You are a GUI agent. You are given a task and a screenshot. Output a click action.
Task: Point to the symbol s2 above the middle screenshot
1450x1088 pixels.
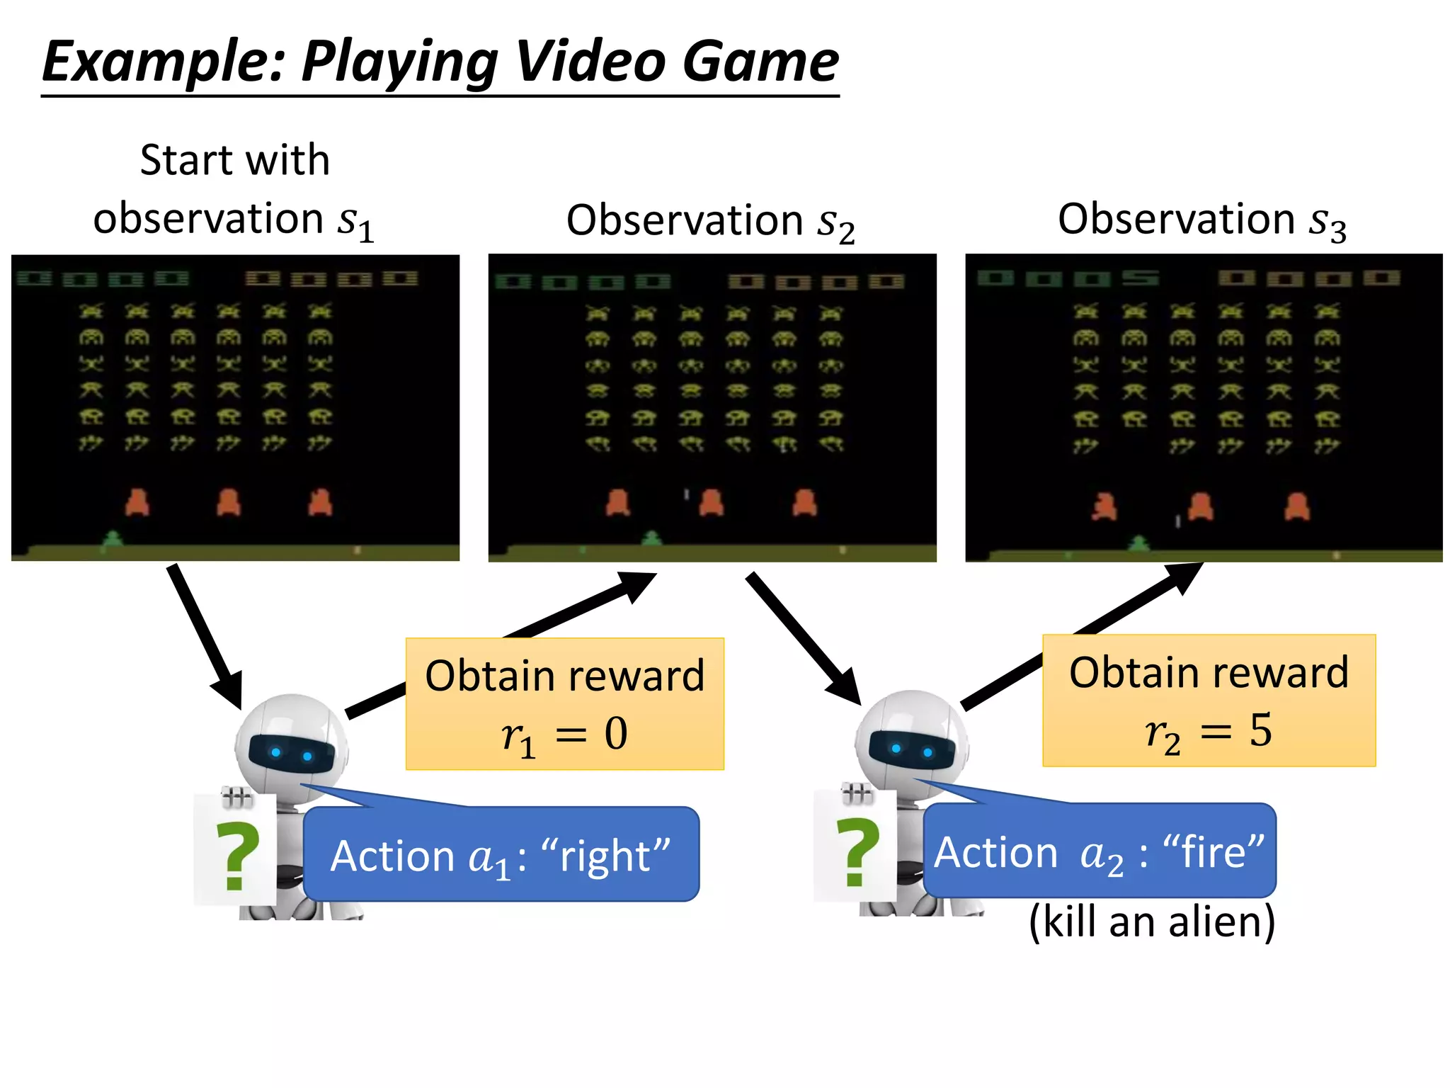tap(836, 223)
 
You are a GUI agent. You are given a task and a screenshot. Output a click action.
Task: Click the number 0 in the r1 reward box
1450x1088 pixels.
tap(615, 734)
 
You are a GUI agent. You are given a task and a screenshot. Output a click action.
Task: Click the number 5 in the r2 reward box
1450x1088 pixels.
tap(1260, 730)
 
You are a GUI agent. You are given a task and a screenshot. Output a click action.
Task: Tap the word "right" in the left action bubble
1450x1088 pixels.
tap(605, 856)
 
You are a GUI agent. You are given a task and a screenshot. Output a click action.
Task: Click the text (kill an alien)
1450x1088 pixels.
tap(1152, 922)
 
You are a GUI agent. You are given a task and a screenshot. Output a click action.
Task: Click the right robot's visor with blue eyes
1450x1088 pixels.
tap(911, 749)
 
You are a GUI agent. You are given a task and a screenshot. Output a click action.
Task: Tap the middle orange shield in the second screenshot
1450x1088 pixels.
tap(711, 502)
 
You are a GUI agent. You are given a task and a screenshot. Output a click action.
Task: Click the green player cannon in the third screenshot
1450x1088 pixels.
tap(1138, 544)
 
